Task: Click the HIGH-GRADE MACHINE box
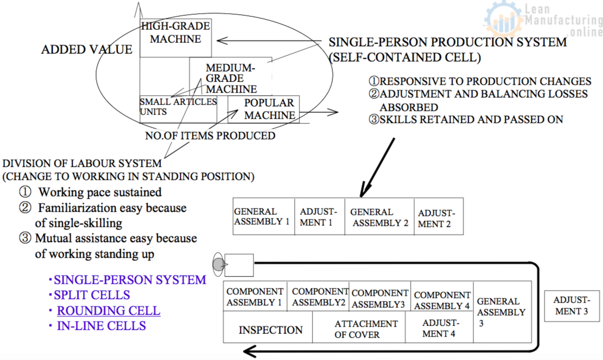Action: click(x=176, y=38)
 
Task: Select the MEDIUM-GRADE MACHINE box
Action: click(x=230, y=78)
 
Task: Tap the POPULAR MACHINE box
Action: click(x=269, y=109)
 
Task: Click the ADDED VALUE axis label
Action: click(x=87, y=50)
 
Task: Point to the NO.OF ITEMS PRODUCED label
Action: click(x=210, y=136)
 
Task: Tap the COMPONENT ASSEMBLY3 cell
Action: click(x=380, y=298)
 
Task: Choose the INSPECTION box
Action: click(x=270, y=330)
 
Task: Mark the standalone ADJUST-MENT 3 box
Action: click(x=572, y=305)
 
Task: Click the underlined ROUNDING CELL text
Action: click(x=109, y=310)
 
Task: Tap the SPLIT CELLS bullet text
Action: click(x=91, y=295)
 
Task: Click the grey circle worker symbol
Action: click(x=218, y=264)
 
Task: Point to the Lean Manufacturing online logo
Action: click(x=544, y=21)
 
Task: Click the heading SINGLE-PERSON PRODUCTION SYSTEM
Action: click(x=447, y=42)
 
